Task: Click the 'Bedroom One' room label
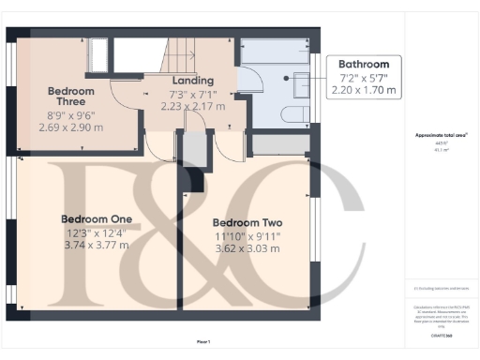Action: click(x=96, y=218)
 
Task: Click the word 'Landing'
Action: click(x=192, y=81)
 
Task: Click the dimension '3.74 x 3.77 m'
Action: click(x=96, y=245)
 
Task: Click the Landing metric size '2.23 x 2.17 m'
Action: click(x=192, y=107)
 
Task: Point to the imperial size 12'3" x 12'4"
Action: click(x=96, y=232)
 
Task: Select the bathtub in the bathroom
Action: click(x=274, y=52)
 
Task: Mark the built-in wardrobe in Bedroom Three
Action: click(x=97, y=57)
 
